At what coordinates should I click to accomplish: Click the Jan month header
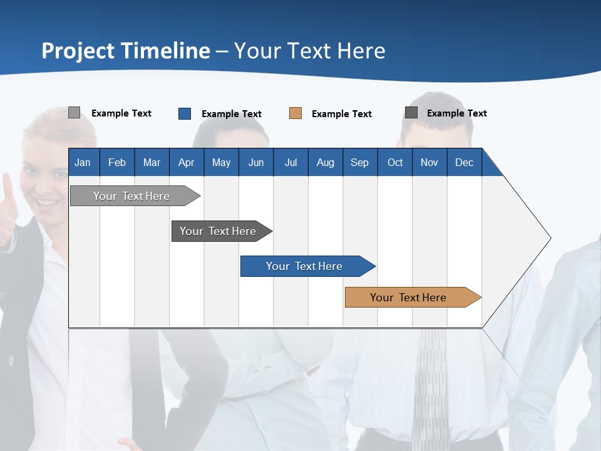tap(83, 162)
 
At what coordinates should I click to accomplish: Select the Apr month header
tap(187, 162)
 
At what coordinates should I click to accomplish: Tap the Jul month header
tap(290, 162)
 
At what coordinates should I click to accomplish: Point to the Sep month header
tap(359, 162)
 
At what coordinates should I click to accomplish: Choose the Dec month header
tap(464, 162)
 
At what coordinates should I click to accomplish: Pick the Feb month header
tap(117, 162)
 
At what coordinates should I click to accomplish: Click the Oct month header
tap(395, 162)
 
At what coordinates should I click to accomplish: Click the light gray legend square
tap(74, 113)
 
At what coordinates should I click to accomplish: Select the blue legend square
tap(184, 113)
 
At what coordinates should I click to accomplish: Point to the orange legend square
tap(295, 113)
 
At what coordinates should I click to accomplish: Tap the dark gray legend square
tap(411, 113)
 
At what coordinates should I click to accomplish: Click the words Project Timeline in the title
tap(125, 51)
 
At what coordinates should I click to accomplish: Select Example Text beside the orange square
tap(341, 114)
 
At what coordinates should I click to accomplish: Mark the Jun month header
tap(256, 162)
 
